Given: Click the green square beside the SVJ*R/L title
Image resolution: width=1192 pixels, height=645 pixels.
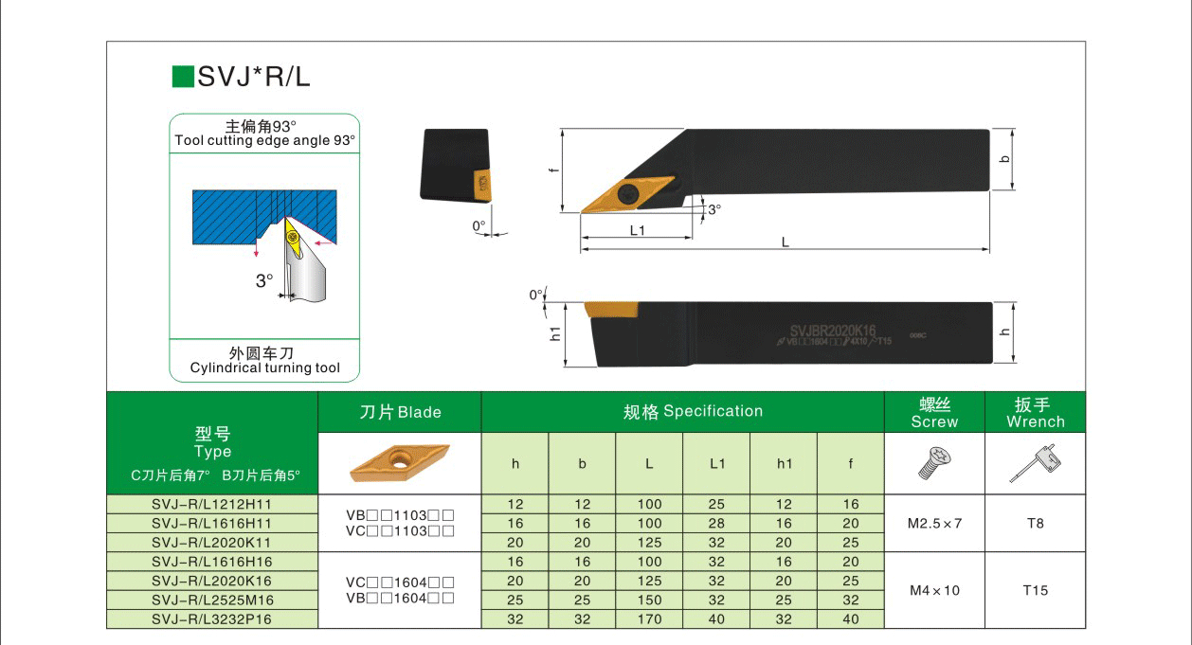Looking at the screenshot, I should tap(183, 77).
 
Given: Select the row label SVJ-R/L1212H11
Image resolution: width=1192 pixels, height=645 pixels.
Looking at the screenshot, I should tap(211, 505).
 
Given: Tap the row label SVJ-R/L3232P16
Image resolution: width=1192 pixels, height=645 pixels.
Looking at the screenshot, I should tap(211, 619).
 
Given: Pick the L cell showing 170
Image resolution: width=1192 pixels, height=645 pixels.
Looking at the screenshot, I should tap(649, 619).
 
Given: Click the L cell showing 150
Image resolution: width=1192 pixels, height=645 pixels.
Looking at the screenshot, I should tap(649, 600).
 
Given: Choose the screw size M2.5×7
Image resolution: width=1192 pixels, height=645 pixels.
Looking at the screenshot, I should tap(935, 524).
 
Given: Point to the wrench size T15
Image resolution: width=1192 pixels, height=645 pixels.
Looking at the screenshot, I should tap(1036, 590).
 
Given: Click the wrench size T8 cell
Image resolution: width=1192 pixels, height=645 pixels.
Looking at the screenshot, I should tap(1036, 524).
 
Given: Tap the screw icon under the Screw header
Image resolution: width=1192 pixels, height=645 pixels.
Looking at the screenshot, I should tap(935, 463).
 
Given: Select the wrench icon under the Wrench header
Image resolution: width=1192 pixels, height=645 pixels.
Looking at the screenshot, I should tap(1036, 464).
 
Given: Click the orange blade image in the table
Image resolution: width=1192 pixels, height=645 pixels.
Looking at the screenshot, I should tap(399, 463).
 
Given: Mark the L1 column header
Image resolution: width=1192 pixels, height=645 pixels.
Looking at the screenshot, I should tap(716, 464).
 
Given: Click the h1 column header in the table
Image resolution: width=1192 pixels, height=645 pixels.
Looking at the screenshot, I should tap(784, 464).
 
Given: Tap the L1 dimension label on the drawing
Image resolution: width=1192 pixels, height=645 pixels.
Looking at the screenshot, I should tap(637, 231).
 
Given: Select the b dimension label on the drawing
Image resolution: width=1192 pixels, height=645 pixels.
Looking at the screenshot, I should tap(1005, 159).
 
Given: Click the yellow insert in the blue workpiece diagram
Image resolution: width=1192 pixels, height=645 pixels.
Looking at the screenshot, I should tap(293, 238).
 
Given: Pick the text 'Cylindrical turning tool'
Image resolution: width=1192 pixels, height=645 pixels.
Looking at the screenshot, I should tap(264, 367).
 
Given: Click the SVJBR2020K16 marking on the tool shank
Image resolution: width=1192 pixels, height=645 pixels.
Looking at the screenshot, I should tap(833, 331).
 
